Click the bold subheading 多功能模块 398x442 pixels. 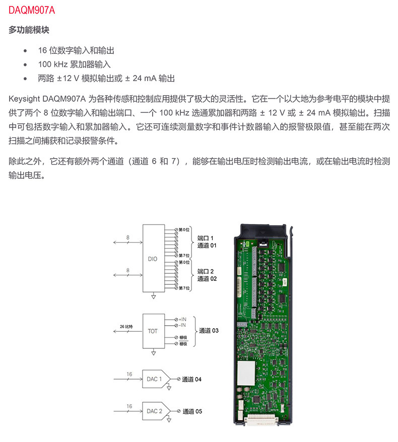(29, 30)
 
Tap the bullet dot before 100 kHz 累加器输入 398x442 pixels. (25, 65)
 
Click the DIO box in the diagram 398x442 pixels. (152, 259)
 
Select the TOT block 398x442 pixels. (152, 332)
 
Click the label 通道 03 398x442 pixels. (209, 331)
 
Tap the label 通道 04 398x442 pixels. (191, 379)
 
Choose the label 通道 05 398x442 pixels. (192, 411)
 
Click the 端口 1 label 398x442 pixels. (206, 238)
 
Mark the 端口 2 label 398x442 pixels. (206, 271)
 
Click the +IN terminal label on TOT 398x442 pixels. (182, 319)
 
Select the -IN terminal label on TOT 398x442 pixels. (182, 325)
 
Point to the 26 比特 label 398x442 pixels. (126, 327)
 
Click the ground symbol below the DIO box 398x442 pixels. (153, 298)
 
